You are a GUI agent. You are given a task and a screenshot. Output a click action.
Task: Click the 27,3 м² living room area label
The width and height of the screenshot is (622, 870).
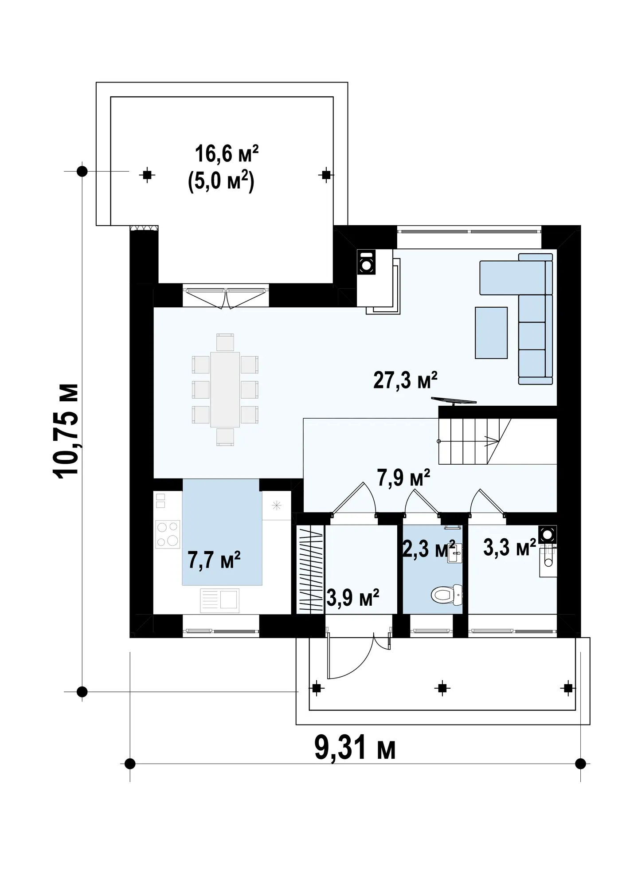405,380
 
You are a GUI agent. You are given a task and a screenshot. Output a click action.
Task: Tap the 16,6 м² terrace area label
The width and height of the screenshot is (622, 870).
227,154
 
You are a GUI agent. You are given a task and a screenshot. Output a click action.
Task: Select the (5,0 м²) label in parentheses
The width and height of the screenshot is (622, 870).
221,182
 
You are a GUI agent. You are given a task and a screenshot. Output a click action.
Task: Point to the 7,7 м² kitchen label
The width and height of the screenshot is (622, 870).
214,560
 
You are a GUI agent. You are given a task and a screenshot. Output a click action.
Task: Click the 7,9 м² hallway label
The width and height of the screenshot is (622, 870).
403,478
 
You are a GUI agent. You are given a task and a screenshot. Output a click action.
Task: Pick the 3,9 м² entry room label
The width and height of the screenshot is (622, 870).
353,597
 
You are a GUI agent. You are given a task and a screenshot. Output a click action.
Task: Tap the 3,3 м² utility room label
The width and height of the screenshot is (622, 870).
510,547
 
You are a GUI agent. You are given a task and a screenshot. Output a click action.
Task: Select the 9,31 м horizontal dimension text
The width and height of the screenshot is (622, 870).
355,748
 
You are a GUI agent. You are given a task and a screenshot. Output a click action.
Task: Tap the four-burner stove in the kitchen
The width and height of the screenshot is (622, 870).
168,534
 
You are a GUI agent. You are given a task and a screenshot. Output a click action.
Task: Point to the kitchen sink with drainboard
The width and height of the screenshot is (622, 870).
220,601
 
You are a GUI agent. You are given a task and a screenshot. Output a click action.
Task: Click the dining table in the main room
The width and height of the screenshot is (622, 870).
225,389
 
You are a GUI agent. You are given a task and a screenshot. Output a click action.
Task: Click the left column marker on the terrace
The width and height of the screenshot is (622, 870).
147,175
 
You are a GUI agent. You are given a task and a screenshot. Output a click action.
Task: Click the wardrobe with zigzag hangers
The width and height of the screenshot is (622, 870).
310,570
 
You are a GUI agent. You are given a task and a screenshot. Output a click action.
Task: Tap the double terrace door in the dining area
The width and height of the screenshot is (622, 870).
226,298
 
